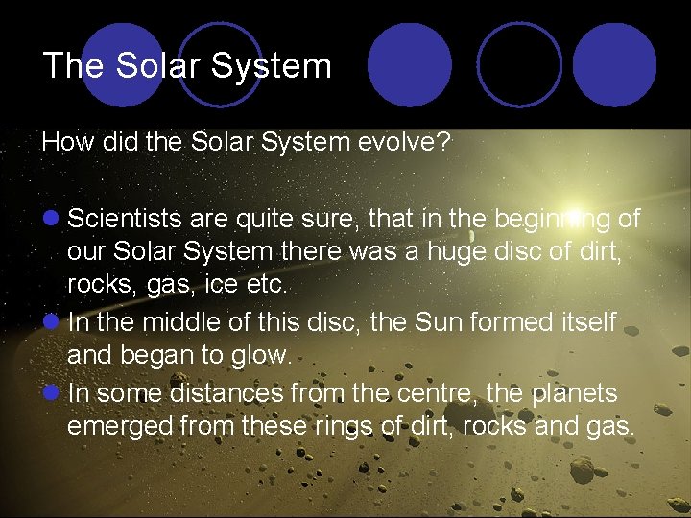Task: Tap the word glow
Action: pos(261,354)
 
